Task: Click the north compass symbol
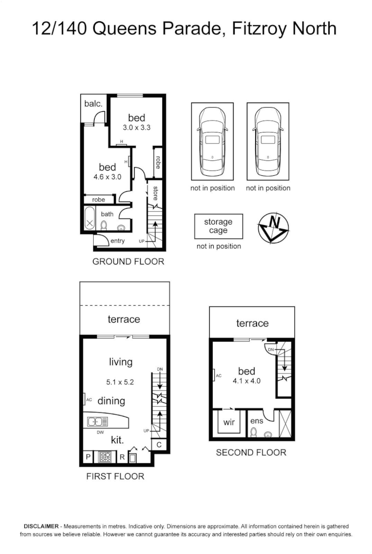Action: click(x=273, y=226)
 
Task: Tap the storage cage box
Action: click(x=218, y=226)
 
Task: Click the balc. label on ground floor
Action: click(x=93, y=104)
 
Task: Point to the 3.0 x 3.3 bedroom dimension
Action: click(x=137, y=127)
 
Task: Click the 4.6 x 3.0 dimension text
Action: click(x=107, y=176)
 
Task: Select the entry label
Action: click(x=117, y=241)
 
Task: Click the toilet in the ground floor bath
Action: click(x=104, y=225)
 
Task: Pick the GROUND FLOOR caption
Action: click(x=128, y=261)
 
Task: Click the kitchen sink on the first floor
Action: click(x=98, y=421)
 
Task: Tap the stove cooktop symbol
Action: click(x=106, y=456)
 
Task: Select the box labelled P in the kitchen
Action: click(x=88, y=457)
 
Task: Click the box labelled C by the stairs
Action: click(x=159, y=444)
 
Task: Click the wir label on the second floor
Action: click(x=229, y=422)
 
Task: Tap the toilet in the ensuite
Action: click(x=253, y=432)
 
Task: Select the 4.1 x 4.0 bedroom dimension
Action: click(x=246, y=382)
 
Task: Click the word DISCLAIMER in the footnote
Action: click(x=41, y=526)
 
